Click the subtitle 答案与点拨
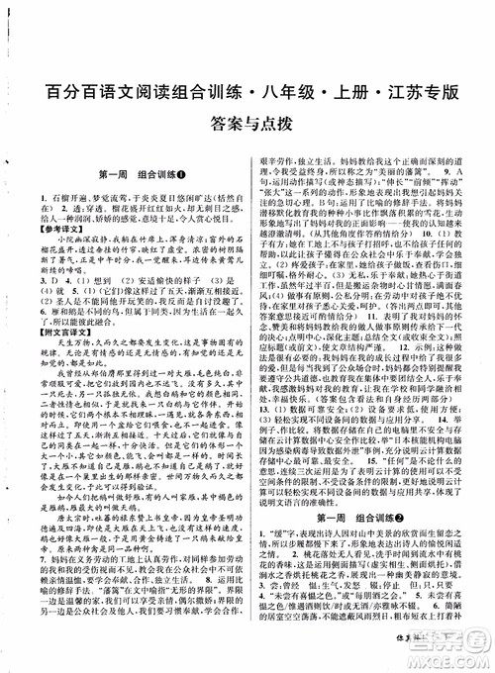(247, 126)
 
